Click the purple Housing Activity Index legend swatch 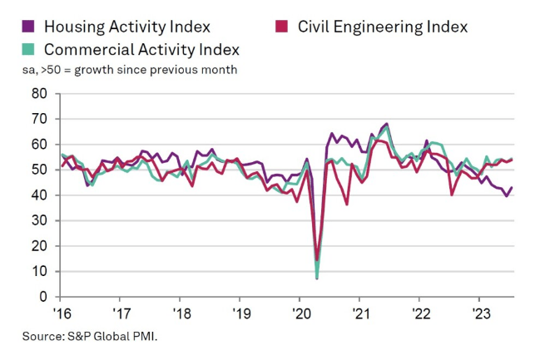[x=26, y=27]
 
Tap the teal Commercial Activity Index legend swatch [x=26, y=49]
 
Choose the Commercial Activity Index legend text [x=141, y=49]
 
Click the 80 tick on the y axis [x=40, y=94]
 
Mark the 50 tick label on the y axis [x=40, y=170]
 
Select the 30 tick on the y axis [x=40, y=220]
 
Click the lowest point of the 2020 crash [x=317, y=278]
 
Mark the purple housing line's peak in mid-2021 [x=387, y=124]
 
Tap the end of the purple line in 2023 [x=511, y=187]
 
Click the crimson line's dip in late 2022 [x=451, y=195]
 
